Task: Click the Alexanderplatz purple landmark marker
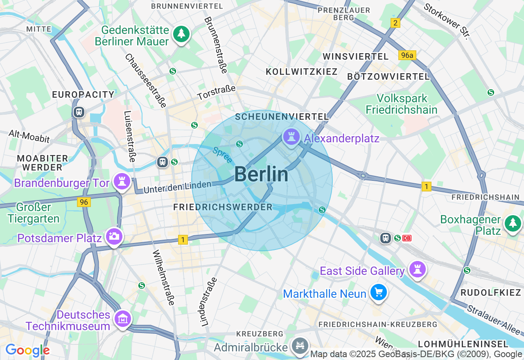click(291, 138)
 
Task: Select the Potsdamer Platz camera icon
click(114, 237)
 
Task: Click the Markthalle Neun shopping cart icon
click(379, 293)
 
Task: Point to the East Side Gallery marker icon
click(417, 270)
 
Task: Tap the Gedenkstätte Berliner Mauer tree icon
click(181, 34)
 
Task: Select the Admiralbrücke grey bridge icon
click(300, 346)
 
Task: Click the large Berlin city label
click(261, 175)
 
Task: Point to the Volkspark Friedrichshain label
click(401, 104)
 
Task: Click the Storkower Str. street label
click(446, 21)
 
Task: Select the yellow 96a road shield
click(407, 55)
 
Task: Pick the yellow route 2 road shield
click(395, 23)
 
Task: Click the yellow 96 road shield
click(84, 202)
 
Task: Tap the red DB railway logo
click(407, 238)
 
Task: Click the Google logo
click(27, 350)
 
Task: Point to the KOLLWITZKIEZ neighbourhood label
click(302, 72)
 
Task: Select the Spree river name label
click(222, 155)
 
